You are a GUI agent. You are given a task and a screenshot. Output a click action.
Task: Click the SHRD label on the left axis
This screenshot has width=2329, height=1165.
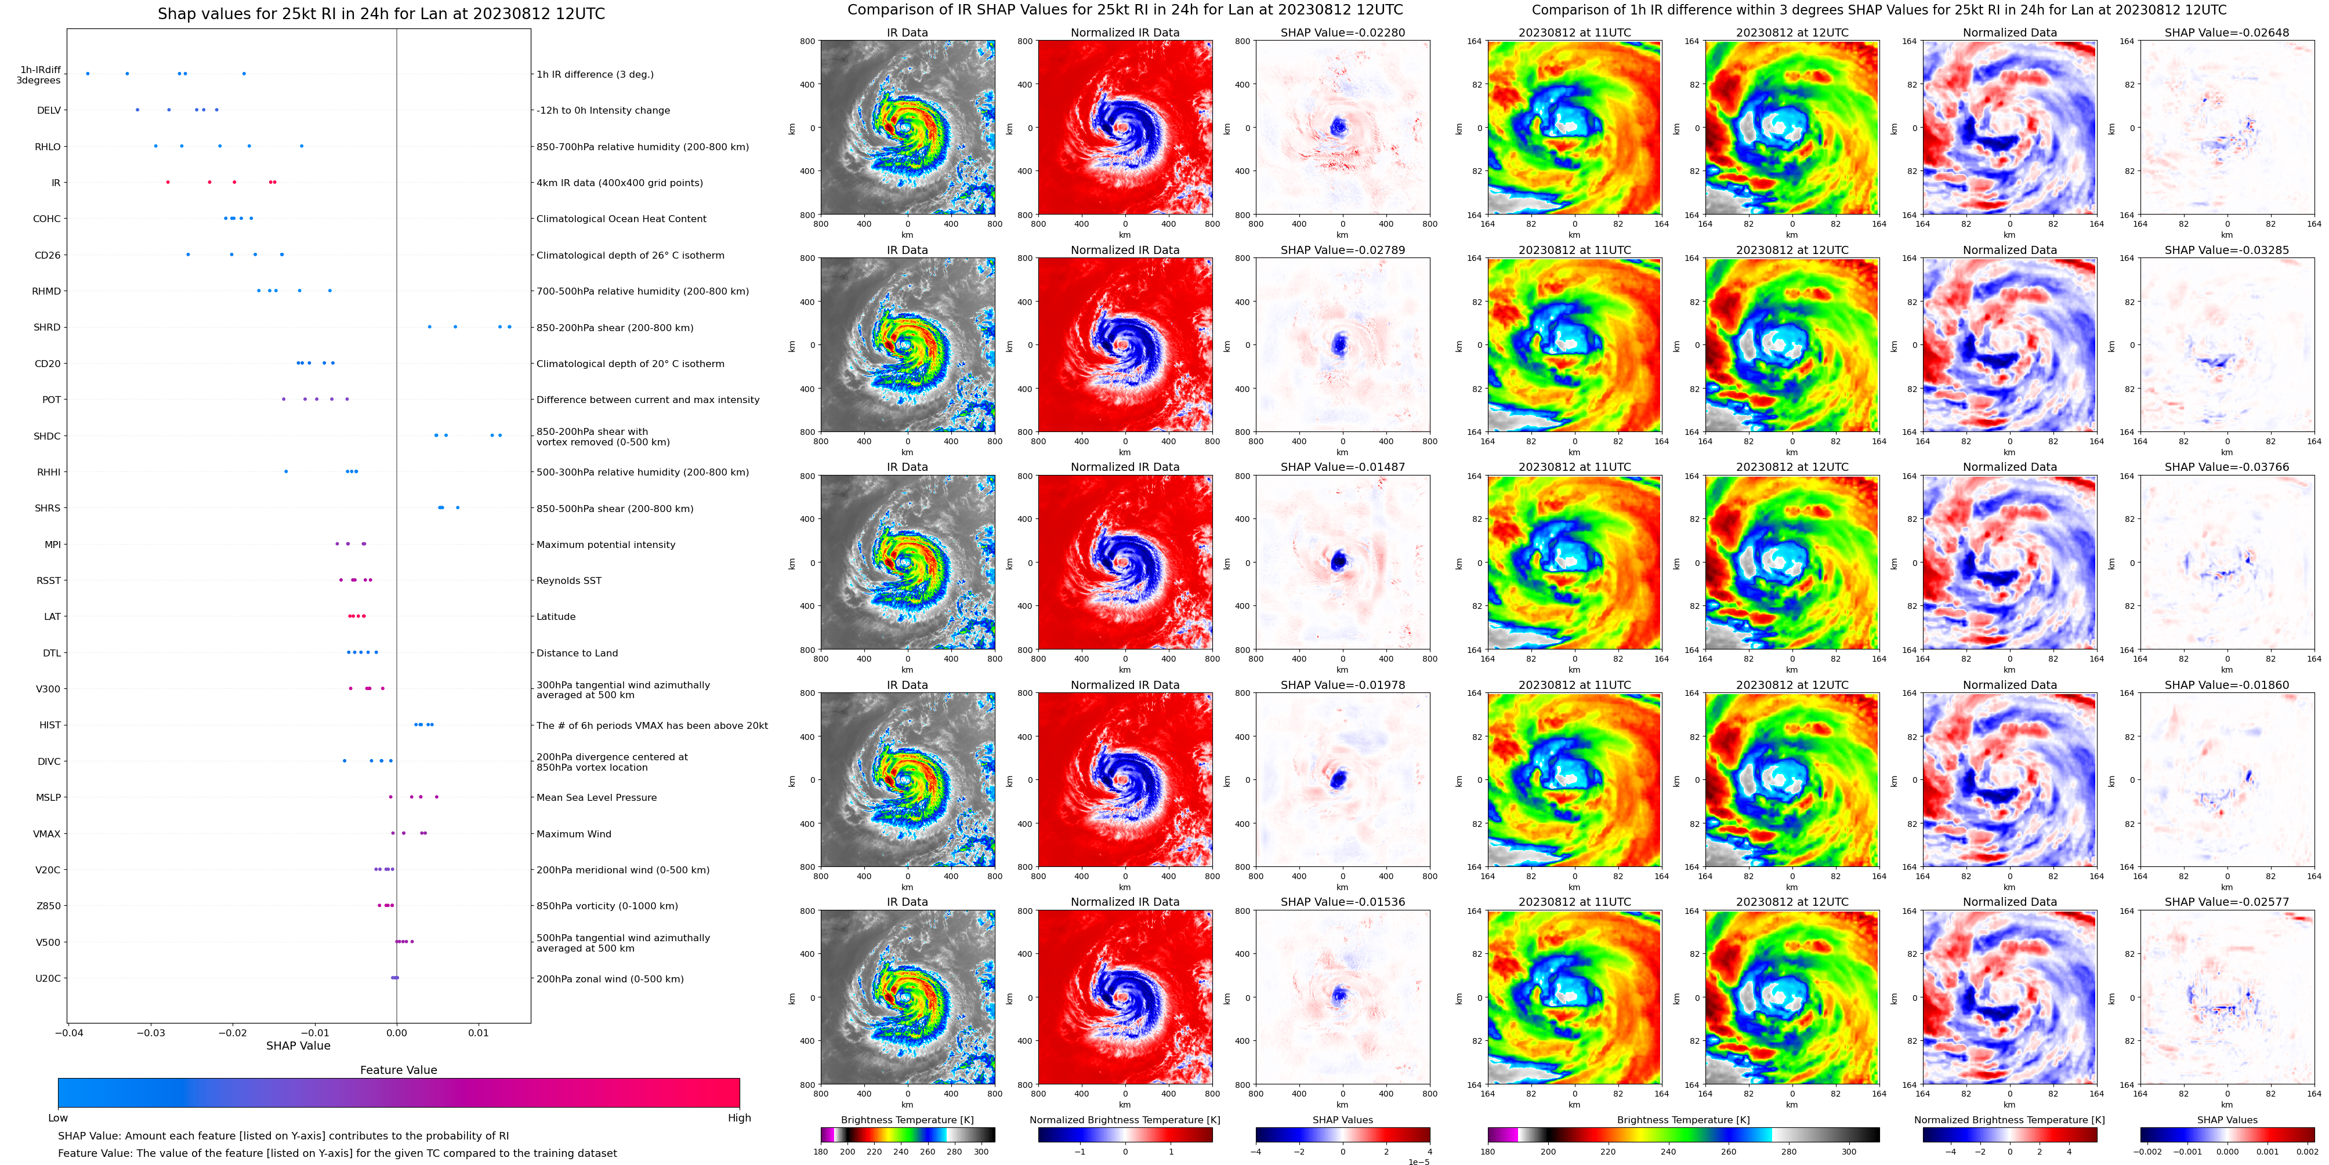pyautogui.click(x=47, y=327)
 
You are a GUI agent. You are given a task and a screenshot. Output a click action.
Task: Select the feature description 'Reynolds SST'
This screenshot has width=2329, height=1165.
pyautogui.click(x=568, y=580)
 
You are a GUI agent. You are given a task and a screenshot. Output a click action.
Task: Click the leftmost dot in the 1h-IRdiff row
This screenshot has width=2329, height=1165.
pyautogui.click(x=88, y=73)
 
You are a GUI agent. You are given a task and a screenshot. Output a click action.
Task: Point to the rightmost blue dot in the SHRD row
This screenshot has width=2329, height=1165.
pyautogui.click(x=509, y=326)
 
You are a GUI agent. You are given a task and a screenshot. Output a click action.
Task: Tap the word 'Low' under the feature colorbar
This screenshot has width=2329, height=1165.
pyautogui.click(x=58, y=1118)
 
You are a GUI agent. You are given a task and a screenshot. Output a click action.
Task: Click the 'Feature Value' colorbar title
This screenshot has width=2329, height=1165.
pyautogui.click(x=398, y=1070)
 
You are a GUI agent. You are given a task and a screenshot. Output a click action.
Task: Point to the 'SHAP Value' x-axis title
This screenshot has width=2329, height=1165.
pyautogui.click(x=298, y=1046)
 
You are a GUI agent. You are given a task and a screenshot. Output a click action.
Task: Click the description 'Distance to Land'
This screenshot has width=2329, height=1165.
pyautogui.click(x=577, y=652)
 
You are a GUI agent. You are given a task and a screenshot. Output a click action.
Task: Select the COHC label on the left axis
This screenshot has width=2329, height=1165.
pyautogui.click(x=47, y=219)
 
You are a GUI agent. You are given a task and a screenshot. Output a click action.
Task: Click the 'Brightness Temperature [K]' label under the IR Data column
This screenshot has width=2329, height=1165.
pyautogui.click(x=907, y=1120)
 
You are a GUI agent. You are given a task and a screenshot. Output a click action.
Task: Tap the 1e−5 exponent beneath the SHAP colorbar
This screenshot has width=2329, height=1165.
pyautogui.click(x=1418, y=1162)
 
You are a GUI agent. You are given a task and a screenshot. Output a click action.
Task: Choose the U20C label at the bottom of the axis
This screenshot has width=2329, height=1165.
pyautogui.click(x=48, y=978)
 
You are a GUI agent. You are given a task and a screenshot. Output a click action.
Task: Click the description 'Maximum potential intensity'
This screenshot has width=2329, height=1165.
pyautogui.click(x=606, y=544)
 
